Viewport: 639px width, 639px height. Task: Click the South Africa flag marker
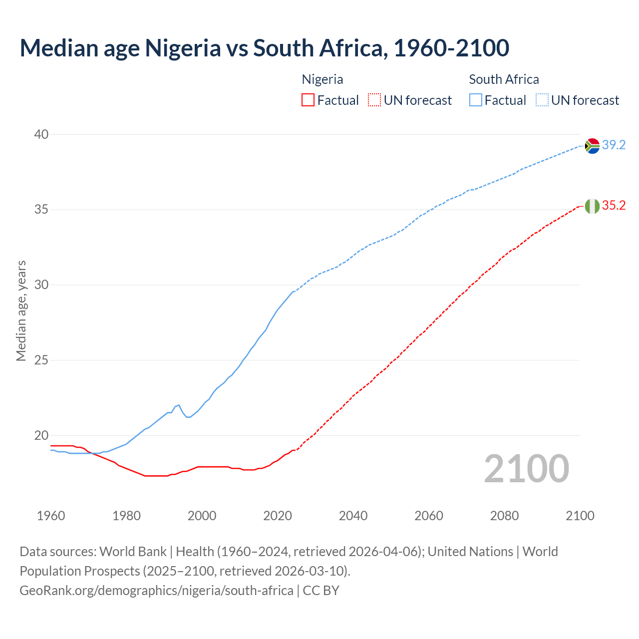click(x=592, y=146)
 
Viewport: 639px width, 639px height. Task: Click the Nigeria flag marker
click(x=592, y=206)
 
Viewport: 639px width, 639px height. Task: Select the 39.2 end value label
click(x=614, y=145)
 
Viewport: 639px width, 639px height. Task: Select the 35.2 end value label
click(x=614, y=206)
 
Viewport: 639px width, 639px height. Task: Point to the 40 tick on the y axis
click(x=41, y=134)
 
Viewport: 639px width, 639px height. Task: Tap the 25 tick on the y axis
click(x=41, y=360)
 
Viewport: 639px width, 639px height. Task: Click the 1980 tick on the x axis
click(x=126, y=516)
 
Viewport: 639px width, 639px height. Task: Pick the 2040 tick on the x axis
click(x=353, y=516)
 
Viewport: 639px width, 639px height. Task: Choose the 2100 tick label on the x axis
click(x=580, y=516)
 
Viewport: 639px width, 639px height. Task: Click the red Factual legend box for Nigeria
click(x=308, y=100)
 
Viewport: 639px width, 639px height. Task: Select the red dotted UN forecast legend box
click(x=374, y=100)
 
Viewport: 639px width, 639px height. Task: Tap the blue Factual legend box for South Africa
click(x=476, y=100)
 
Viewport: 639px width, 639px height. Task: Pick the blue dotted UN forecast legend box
click(x=542, y=100)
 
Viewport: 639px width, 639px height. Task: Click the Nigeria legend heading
click(x=322, y=79)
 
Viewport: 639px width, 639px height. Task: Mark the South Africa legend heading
click(x=504, y=79)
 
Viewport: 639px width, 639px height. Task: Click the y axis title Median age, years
click(x=21, y=311)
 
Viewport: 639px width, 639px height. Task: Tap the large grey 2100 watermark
click(x=526, y=468)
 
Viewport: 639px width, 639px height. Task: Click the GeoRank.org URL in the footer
click(x=156, y=591)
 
